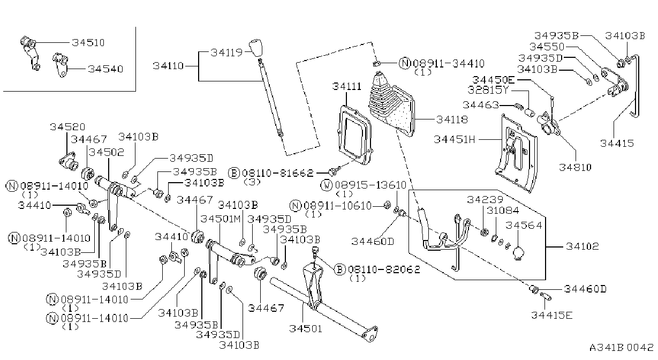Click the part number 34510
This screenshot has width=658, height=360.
click(88, 43)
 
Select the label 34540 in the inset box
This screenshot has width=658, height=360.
click(105, 69)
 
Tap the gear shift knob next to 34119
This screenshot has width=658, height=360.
click(255, 47)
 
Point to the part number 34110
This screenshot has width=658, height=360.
click(168, 66)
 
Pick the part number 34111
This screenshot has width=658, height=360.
click(346, 86)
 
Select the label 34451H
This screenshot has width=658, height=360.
click(454, 139)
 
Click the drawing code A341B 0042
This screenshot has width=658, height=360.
click(622, 347)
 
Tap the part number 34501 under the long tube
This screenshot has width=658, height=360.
click(306, 328)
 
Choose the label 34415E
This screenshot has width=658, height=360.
click(551, 315)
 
